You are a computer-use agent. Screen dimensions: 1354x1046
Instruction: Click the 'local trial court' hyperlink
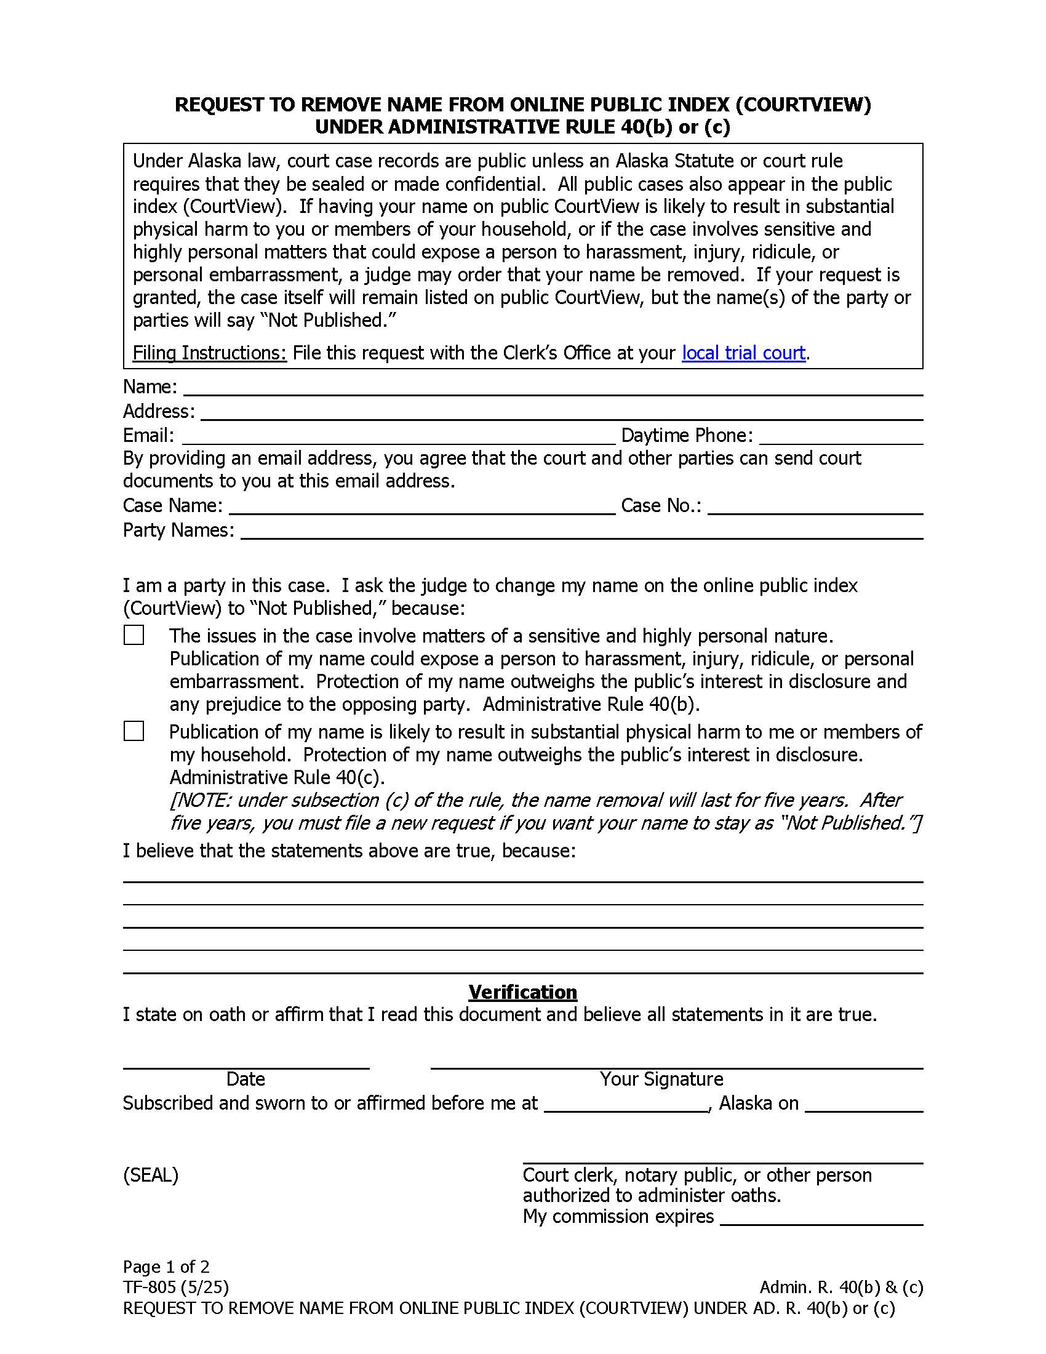743,353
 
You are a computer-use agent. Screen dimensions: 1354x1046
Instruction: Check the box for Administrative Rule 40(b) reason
134,636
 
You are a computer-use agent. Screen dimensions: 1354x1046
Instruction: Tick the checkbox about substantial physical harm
134,731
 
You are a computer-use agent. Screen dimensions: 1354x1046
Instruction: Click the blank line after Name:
553,388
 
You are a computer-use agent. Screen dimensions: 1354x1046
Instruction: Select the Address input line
561,413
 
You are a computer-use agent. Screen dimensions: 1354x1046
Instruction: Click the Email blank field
398,437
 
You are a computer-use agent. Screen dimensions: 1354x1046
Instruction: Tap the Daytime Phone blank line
841,437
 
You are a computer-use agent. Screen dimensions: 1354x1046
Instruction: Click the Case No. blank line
815,507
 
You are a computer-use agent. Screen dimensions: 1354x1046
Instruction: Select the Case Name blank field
421,507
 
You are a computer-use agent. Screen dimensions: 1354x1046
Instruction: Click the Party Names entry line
581,532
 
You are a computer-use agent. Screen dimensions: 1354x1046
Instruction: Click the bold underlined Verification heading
522,992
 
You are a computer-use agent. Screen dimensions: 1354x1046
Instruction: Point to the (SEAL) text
151,1175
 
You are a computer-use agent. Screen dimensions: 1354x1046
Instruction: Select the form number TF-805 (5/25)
176,1287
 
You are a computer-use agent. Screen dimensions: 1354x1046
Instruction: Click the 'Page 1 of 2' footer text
166,1267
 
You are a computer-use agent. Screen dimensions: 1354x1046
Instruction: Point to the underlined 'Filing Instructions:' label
209,353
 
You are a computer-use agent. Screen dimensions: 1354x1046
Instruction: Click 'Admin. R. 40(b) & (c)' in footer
841,1287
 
